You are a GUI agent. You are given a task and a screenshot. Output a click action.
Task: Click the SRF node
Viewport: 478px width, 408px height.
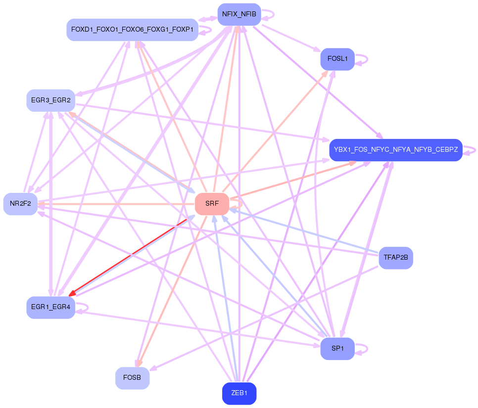[x=212, y=204]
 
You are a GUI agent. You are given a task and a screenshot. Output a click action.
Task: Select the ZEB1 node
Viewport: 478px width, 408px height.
[x=239, y=394]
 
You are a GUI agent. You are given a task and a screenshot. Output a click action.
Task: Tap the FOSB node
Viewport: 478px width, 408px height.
[x=132, y=378]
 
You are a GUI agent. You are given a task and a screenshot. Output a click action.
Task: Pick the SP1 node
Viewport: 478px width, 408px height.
[x=337, y=349]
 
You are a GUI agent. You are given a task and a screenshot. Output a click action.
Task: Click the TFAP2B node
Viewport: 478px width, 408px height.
[x=395, y=258]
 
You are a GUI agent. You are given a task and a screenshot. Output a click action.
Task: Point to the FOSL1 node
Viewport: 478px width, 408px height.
[x=337, y=59]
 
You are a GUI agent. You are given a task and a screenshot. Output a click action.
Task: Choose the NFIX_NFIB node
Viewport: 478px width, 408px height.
[x=239, y=14]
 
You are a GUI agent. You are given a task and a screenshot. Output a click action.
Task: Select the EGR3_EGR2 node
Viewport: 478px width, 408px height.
[x=50, y=100]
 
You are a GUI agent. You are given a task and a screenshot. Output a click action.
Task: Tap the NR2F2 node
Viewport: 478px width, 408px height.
[x=20, y=204]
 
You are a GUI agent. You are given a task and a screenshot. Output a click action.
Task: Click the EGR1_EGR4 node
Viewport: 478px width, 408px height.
[x=50, y=307]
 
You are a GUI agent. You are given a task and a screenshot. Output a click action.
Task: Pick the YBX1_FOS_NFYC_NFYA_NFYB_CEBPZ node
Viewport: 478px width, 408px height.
[x=395, y=149]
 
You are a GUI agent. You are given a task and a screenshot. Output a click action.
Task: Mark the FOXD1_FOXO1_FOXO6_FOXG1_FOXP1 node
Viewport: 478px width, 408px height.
[x=132, y=30]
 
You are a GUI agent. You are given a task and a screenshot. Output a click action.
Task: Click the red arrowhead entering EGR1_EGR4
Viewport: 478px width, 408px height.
[x=72, y=294]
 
